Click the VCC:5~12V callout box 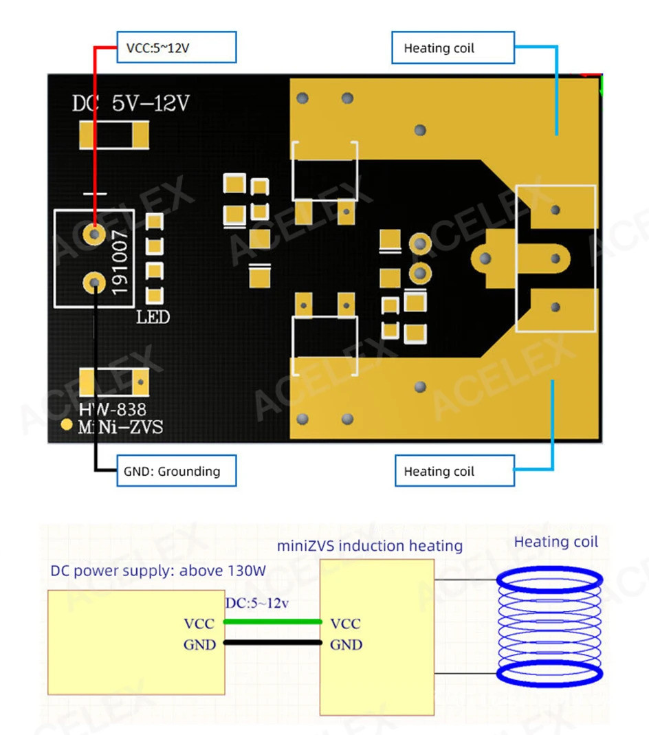click(x=176, y=48)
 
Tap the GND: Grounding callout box click(x=176, y=471)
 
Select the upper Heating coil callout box click(x=453, y=48)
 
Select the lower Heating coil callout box click(x=454, y=472)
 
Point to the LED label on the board click(x=153, y=318)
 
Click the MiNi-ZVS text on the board click(x=120, y=427)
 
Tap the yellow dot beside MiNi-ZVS click(x=66, y=424)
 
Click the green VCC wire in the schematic click(x=274, y=622)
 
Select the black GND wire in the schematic click(x=274, y=644)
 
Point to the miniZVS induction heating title click(x=369, y=546)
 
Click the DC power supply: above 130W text click(x=158, y=571)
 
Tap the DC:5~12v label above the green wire click(x=256, y=603)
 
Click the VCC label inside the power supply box click(x=199, y=624)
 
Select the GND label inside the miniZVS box click(x=346, y=645)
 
